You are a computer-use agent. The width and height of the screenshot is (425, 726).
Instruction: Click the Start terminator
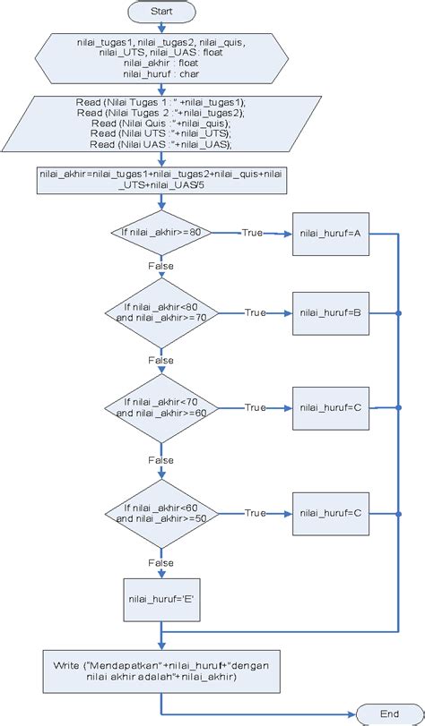161,12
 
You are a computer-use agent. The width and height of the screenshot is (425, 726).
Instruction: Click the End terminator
389,713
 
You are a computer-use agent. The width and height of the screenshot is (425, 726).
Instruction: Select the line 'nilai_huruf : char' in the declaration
161,73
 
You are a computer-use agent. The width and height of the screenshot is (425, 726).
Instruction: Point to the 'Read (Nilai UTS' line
161,133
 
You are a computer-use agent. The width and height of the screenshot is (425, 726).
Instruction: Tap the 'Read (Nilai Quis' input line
161,124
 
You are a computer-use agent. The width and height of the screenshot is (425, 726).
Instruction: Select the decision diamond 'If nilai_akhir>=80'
161,233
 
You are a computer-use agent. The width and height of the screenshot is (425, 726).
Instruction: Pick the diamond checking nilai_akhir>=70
161,313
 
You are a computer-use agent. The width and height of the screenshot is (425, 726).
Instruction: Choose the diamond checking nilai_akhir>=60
161,408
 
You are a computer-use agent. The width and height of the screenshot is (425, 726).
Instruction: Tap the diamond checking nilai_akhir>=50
161,514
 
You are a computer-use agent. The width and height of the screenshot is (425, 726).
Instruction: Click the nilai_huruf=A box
331,234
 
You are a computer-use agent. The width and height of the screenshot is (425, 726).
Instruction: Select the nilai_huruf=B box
331,313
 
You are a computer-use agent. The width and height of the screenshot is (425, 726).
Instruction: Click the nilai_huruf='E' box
161,600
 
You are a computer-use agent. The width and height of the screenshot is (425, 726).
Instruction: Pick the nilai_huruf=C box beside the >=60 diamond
331,408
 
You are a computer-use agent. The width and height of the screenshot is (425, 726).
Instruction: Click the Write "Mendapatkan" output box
161,671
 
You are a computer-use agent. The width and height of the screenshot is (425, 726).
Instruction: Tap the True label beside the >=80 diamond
252,233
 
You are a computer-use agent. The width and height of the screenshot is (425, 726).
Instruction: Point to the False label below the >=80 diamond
161,266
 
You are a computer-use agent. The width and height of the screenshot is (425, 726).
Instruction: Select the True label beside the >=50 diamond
256,513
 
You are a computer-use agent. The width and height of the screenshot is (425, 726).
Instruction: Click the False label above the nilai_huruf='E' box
161,563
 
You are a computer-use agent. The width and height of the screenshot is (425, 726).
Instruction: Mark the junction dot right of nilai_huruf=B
399,313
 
